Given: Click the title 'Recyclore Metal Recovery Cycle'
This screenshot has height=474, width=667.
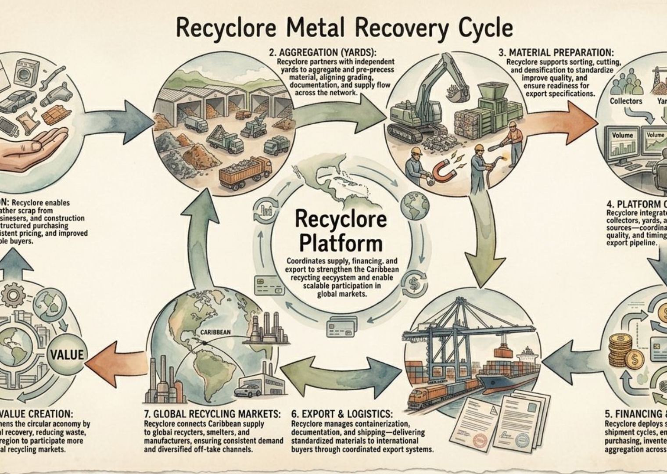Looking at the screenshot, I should click(344, 28).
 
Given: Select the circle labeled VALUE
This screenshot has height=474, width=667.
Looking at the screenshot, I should click(67, 354).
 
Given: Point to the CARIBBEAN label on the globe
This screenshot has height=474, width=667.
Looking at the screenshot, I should click(215, 332).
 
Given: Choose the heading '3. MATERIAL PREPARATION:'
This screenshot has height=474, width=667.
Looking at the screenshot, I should click(556, 53).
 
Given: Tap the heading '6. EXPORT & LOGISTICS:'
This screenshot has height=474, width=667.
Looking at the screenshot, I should click(342, 414).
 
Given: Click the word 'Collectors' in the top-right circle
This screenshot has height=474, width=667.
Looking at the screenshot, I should click(626, 101).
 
